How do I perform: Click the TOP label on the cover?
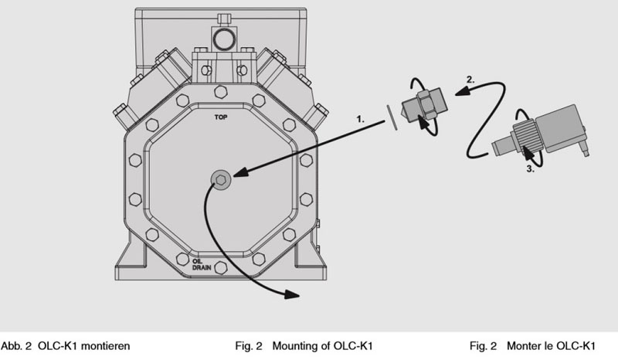point(221,117)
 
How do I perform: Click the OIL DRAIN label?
point(202,264)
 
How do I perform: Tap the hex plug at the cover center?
point(220,180)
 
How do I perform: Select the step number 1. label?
point(360,119)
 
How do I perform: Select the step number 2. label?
point(470,80)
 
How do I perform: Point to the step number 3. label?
point(531,168)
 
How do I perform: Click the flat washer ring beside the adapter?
point(392,117)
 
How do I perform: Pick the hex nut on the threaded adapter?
point(425,104)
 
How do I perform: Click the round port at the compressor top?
point(224,39)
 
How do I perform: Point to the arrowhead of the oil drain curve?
point(292,294)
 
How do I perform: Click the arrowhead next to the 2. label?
point(462,91)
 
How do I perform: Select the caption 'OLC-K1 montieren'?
point(84,346)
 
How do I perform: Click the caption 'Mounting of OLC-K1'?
point(322,346)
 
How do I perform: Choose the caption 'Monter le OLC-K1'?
point(551,346)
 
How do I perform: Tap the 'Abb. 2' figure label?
point(16,346)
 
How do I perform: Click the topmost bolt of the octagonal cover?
point(221,92)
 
